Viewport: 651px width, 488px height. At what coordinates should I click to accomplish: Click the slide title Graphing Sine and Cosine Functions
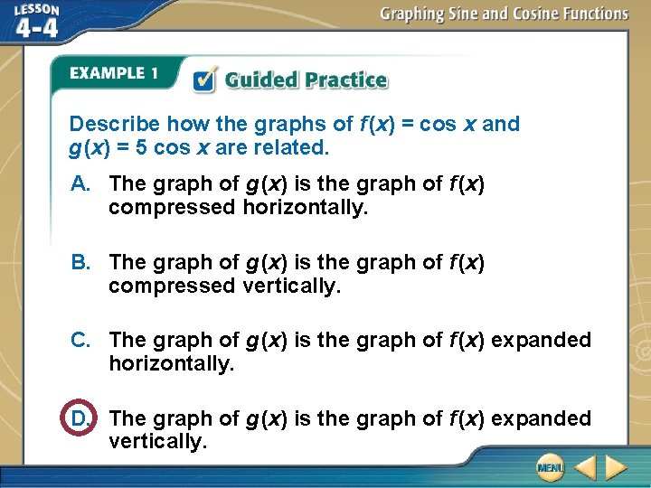click(x=504, y=14)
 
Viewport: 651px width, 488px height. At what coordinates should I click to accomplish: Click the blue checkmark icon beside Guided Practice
click(x=205, y=80)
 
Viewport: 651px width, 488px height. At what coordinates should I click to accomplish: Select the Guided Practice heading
click(x=306, y=80)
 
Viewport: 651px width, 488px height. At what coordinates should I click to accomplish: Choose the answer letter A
click(x=81, y=184)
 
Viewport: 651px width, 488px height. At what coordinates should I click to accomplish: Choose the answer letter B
click(x=81, y=263)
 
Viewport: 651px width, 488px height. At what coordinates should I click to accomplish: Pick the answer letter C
click(x=81, y=341)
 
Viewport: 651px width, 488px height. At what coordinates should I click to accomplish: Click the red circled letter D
click(x=80, y=418)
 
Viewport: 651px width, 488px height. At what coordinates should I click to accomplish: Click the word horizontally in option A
click(x=305, y=207)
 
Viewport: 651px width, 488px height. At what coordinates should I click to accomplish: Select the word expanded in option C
click(x=541, y=341)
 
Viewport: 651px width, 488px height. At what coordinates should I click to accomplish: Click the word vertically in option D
click(x=157, y=442)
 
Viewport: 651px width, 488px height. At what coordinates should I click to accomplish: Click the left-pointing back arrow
click(x=585, y=468)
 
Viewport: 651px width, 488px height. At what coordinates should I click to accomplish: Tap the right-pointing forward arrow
click(x=617, y=468)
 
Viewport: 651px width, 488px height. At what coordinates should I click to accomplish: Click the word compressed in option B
click(x=172, y=286)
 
